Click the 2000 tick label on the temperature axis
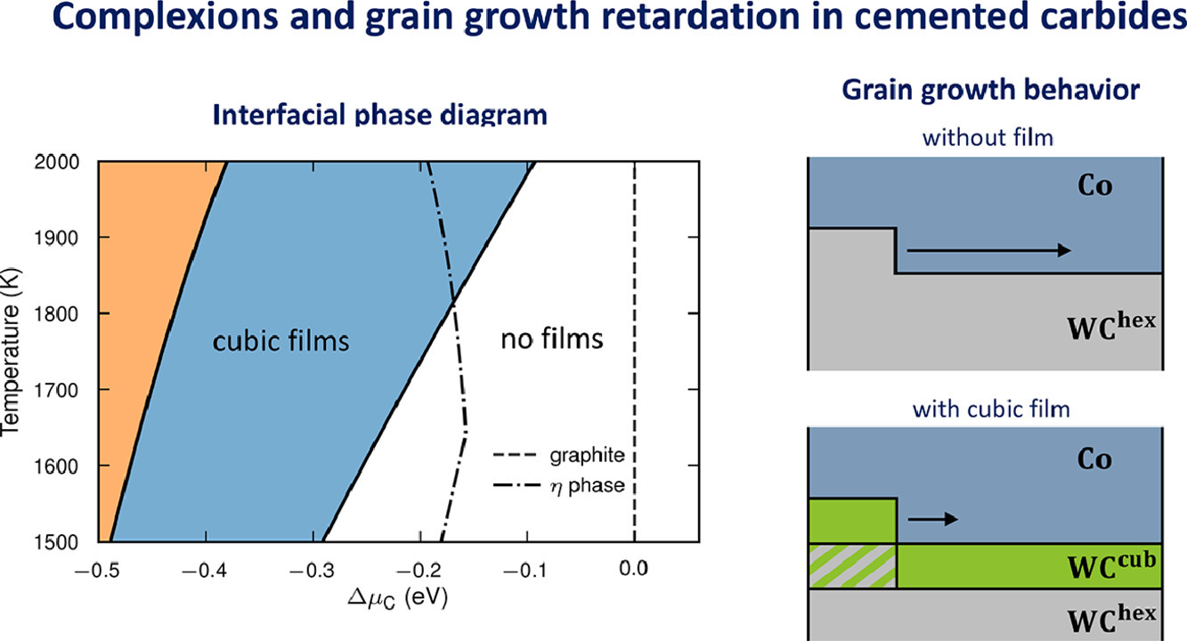coord(57,162)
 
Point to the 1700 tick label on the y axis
coord(57,391)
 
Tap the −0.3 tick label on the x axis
coord(312,570)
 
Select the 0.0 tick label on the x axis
coord(633,569)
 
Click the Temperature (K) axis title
coord(11,353)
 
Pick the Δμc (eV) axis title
coord(398,598)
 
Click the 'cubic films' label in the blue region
coord(280,341)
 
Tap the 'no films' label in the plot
coord(551,339)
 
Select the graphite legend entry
coord(558,456)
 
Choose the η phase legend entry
coord(558,485)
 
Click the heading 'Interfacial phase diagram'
coord(379,114)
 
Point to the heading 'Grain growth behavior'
coord(990,90)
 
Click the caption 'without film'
coord(988,138)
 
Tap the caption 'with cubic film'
coord(991,410)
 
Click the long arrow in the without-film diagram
coord(988,250)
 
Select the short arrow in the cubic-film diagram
coord(933,519)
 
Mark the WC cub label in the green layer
coord(1110,566)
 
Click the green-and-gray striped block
coord(852,566)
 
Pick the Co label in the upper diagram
coord(1094,186)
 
